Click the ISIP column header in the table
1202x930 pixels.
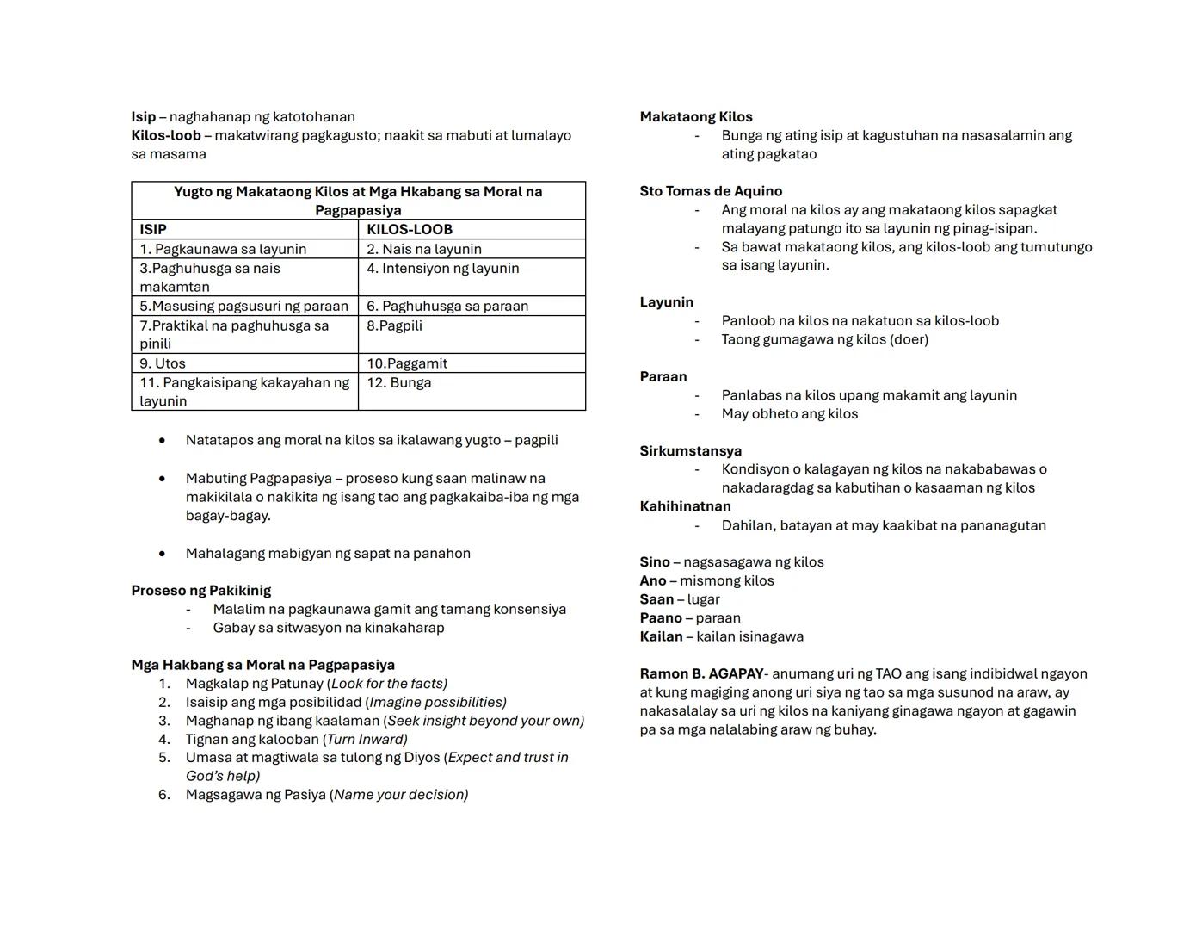pos(153,230)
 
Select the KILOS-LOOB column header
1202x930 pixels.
pos(410,230)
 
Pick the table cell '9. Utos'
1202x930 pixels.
pos(163,363)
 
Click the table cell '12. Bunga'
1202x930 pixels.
pos(399,383)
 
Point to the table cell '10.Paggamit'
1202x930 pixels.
pos(407,363)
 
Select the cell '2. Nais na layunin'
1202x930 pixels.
pos(424,249)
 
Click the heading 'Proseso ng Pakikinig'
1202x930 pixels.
pos(200,591)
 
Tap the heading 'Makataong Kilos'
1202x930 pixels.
pos(696,117)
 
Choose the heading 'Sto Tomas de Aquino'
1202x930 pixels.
pos(711,191)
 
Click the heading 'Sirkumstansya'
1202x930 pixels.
pos(690,451)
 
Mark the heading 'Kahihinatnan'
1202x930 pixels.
pos(685,506)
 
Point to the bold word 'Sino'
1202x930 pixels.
pos(655,562)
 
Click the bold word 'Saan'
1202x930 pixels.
pos(656,599)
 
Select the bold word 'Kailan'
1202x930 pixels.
pos(661,636)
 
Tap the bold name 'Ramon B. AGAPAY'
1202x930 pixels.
pos(701,673)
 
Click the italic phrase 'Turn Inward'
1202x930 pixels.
pos(367,739)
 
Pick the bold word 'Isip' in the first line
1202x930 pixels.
pos(144,117)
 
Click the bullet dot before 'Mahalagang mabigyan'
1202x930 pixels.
pos(162,554)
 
